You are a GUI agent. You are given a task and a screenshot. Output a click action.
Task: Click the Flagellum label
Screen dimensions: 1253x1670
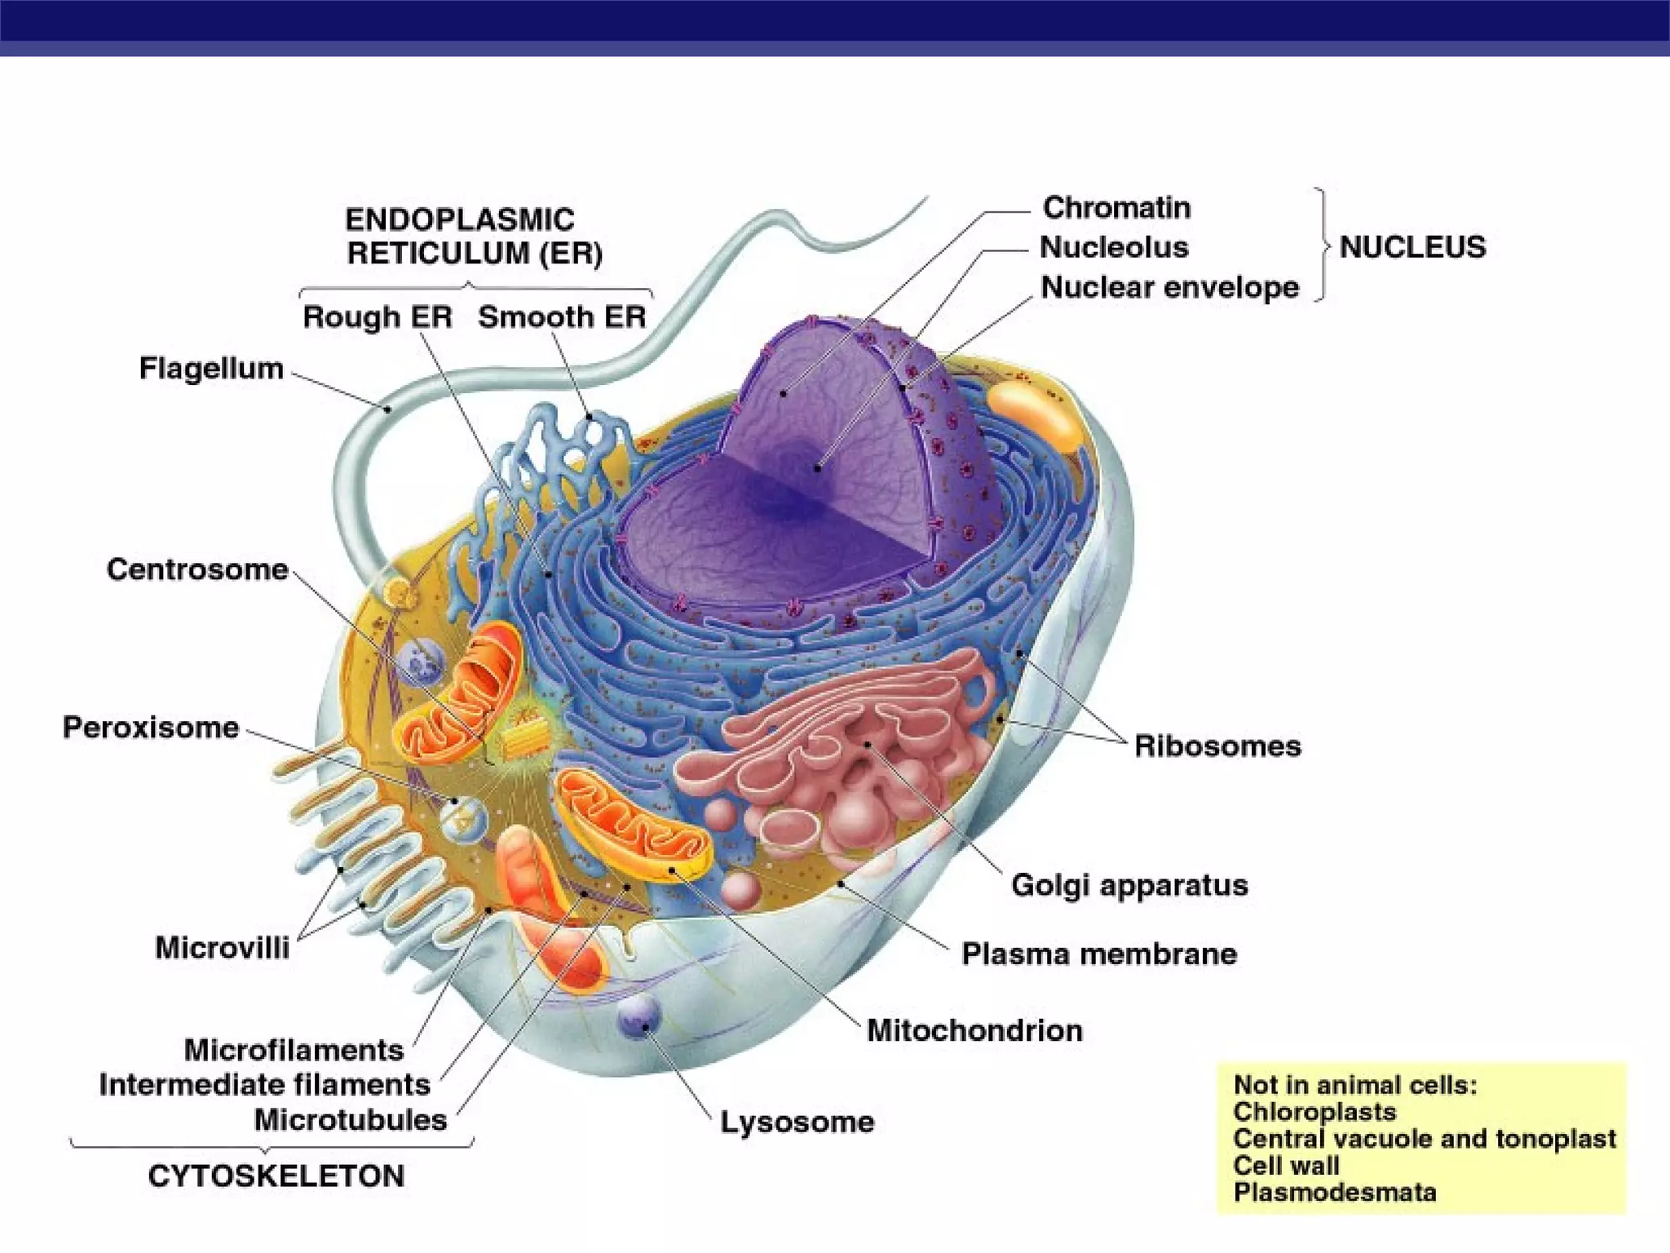(211, 369)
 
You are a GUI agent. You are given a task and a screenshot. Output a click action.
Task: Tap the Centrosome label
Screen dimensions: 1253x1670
(197, 569)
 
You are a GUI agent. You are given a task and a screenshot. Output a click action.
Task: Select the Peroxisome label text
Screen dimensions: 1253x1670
(151, 728)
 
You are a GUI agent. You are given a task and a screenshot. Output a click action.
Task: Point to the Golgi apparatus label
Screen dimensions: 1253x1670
(1129, 885)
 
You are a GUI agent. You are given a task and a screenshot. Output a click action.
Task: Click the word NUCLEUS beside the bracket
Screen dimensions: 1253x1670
(1412, 247)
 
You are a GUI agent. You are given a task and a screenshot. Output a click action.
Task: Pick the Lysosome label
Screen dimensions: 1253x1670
(797, 1122)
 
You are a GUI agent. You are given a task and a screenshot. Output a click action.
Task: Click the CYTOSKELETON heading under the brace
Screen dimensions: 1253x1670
(276, 1176)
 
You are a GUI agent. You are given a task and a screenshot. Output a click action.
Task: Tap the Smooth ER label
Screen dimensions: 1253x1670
(562, 317)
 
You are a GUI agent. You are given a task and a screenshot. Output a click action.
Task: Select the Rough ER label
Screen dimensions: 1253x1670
(377, 317)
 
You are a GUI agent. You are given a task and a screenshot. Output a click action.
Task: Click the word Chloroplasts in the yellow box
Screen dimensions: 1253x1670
(1314, 1112)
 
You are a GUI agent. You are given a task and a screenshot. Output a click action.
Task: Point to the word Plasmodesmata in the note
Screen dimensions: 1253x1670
(1335, 1193)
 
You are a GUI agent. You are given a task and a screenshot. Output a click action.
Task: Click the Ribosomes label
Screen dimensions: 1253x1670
(1217, 746)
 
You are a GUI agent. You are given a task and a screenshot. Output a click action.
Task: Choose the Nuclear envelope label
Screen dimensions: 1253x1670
(1169, 288)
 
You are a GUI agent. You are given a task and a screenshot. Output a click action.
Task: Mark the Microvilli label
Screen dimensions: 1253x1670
(222, 948)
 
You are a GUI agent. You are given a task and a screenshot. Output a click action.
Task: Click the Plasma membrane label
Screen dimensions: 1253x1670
(1099, 954)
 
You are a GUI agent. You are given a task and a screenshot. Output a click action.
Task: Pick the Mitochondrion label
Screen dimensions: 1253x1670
(974, 1031)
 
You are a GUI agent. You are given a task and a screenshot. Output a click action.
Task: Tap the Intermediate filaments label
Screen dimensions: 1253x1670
(264, 1085)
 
